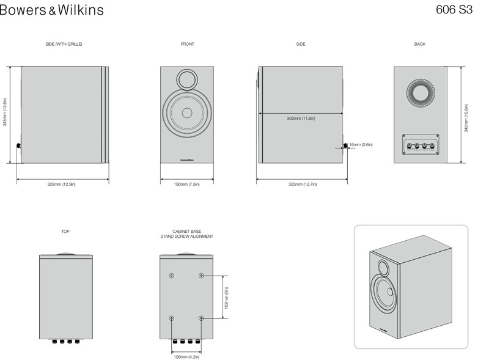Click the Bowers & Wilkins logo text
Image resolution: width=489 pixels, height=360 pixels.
click(51, 10)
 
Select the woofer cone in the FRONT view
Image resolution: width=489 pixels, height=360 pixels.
click(187, 114)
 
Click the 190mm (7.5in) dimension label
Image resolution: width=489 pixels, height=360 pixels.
click(187, 183)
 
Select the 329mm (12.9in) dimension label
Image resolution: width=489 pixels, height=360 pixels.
click(62, 183)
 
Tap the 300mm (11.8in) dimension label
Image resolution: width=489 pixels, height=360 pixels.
click(301, 118)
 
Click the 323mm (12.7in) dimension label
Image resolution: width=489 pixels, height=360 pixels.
click(301, 183)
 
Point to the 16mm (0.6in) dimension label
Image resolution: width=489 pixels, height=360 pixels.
click(361, 145)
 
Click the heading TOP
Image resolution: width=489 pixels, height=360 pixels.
click(65, 232)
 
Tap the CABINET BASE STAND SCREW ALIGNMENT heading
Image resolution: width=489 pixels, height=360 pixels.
click(187, 233)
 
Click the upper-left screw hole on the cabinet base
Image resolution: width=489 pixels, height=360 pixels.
click(171, 276)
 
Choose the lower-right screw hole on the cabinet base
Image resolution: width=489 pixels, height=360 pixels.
click(202, 318)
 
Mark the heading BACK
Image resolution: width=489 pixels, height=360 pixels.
click(419, 45)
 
